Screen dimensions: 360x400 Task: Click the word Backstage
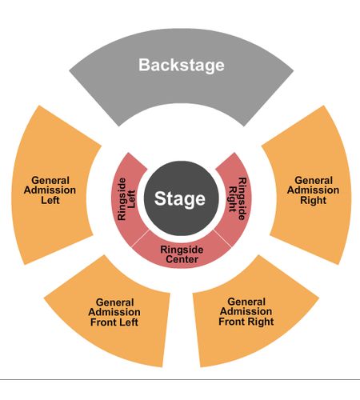coord(182,66)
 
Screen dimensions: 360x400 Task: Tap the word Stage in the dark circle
coord(180,199)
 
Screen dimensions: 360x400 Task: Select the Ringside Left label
coord(126,199)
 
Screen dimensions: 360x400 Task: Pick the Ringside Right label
coord(238,199)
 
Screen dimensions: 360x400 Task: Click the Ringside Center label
coord(182,254)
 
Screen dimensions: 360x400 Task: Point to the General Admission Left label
coord(50,190)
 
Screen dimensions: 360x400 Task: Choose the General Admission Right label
coord(314,190)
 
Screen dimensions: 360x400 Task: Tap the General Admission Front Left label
coord(114,312)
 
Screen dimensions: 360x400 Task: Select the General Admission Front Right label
coord(246,311)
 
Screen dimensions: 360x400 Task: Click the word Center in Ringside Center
coord(182,259)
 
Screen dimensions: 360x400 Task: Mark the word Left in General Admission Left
coord(50,200)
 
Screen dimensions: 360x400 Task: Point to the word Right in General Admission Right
coord(314,200)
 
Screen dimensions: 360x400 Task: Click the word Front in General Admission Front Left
coord(102,322)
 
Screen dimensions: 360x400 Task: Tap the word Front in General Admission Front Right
coord(230,322)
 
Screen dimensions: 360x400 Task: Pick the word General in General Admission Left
coord(50,180)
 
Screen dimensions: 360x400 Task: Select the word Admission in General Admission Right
coord(314,190)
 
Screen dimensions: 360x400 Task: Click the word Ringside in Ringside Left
coord(122,199)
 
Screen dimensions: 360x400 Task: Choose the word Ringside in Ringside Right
coord(242,199)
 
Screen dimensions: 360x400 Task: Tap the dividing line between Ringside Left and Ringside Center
coord(140,238)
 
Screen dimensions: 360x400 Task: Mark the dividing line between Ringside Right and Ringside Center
coord(222,238)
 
